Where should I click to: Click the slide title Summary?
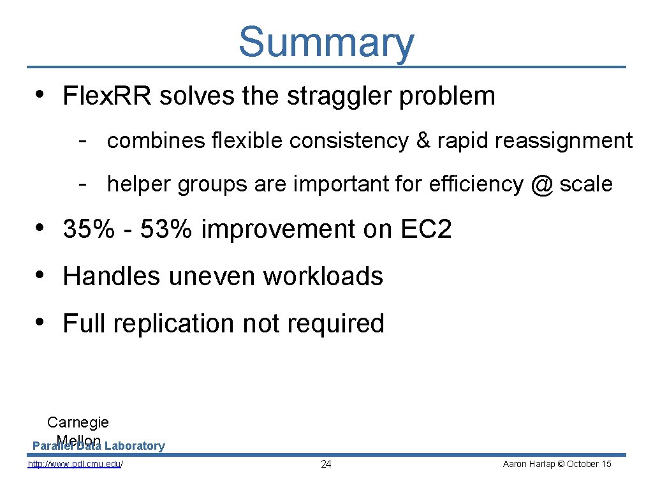tap(326, 42)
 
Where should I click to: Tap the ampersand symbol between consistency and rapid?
tap(423, 141)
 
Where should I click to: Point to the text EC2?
tap(426, 230)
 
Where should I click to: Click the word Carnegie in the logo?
tap(78, 422)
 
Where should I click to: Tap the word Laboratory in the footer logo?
tap(135, 446)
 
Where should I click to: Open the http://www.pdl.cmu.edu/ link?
tap(75, 464)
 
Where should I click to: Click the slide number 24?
tap(326, 464)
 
